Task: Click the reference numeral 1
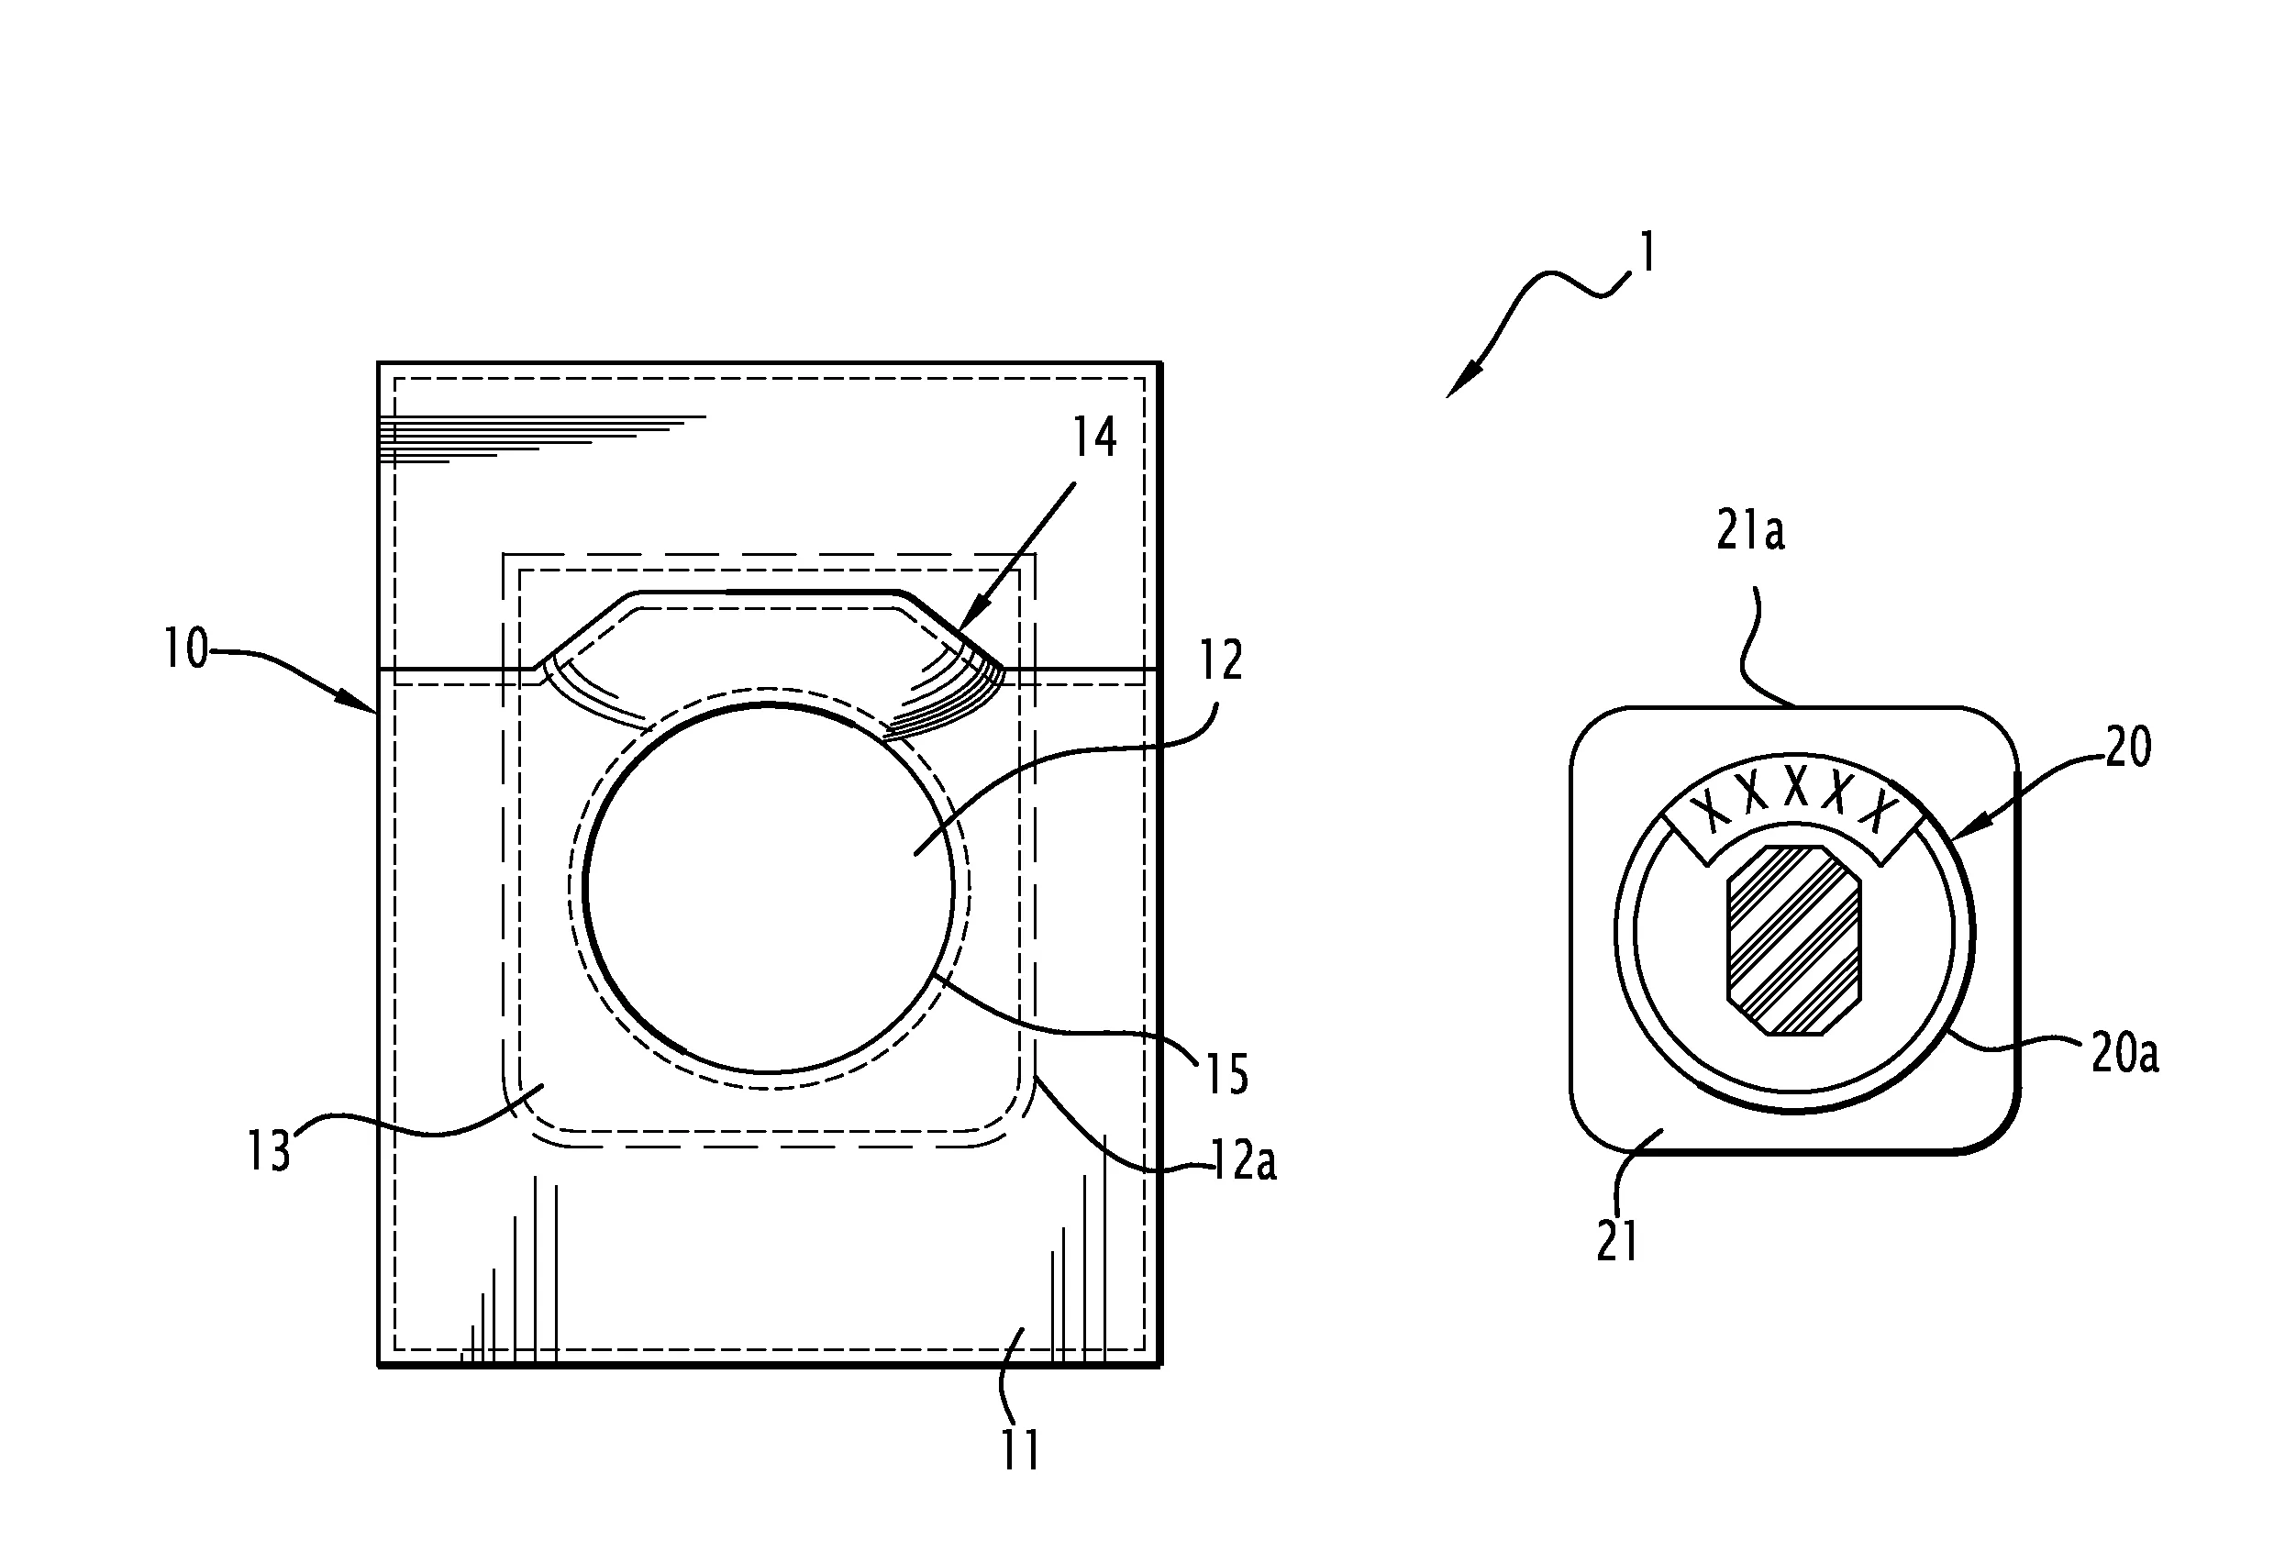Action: coord(1648,251)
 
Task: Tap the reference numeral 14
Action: coord(1094,437)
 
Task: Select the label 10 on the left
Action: coord(186,648)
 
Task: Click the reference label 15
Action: coord(1226,1074)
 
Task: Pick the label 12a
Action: coord(1244,1162)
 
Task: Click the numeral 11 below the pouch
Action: coord(1019,1449)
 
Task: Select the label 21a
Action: coord(1750,532)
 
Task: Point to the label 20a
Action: coord(2124,1055)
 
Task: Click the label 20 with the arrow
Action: coord(2128,748)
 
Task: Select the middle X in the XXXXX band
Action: coord(1795,786)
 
